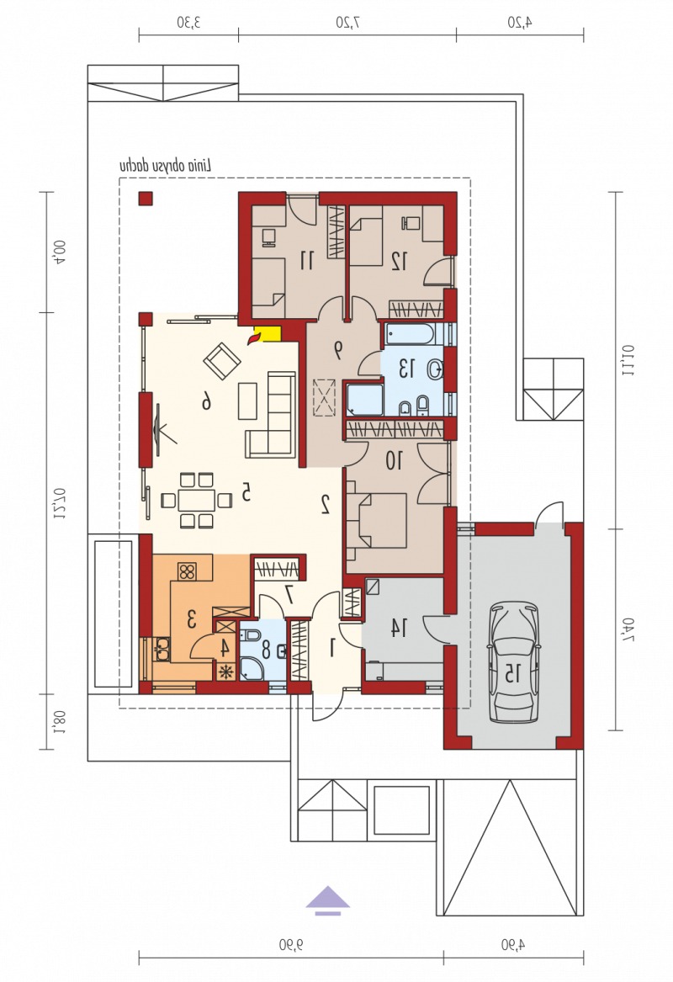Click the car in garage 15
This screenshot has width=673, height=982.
click(512, 661)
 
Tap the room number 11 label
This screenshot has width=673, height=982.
click(306, 260)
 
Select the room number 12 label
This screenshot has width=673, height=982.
click(399, 261)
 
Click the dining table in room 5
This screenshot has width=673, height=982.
click(196, 501)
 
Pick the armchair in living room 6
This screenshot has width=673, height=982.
click(221, 361)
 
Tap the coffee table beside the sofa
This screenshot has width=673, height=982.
click(247, 401)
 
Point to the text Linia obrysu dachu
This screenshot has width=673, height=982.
click(165, 166)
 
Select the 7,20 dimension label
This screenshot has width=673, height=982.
click(347, 24)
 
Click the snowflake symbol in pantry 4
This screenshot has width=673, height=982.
click(225, 671)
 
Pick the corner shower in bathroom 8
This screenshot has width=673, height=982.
click(252, 669)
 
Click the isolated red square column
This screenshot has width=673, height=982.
click(146, 199)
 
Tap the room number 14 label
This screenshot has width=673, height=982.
click(399, 628)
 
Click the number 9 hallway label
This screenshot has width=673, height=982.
click(338, 351)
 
